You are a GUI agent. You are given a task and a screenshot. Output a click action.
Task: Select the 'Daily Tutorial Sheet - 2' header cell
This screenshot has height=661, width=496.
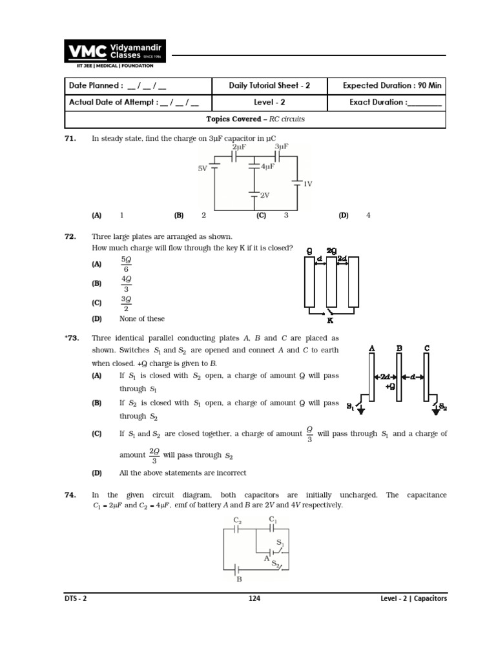point(269,85)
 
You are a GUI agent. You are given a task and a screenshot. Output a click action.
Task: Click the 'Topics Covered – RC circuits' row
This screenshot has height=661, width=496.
point(255,119)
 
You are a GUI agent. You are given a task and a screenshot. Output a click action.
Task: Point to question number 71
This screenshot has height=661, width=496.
point(71,138)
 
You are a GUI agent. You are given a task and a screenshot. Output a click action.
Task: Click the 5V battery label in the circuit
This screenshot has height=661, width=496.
point(203,168)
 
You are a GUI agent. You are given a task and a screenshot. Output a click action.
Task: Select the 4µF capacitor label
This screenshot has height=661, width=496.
point(267,167)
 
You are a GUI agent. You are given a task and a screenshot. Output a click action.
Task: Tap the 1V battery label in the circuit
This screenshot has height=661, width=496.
point(307,183)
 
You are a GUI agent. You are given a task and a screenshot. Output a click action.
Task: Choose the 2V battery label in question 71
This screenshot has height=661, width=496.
point(264,195)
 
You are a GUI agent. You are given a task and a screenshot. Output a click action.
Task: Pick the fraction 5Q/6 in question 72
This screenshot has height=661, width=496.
point(126,264)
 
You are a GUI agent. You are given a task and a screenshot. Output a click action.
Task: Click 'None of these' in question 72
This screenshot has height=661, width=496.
point(141,318)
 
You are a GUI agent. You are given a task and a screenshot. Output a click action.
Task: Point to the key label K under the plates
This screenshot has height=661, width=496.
point(330,320)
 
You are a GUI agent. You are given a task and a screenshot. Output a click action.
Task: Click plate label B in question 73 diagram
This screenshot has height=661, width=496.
point(399,348)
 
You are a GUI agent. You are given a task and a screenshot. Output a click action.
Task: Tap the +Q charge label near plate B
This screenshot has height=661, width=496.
point(389,387)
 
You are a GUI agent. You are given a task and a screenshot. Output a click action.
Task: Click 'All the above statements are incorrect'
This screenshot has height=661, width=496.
point(182,473)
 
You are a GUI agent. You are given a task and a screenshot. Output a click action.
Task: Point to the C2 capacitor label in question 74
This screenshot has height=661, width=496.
point(237,520)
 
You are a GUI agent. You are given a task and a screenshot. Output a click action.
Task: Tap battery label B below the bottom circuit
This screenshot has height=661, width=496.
point(240,579)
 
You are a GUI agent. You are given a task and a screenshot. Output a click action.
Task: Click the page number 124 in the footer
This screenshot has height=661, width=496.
point(254,598)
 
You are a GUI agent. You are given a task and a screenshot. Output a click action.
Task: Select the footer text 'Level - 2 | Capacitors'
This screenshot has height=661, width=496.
point(413,598)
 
